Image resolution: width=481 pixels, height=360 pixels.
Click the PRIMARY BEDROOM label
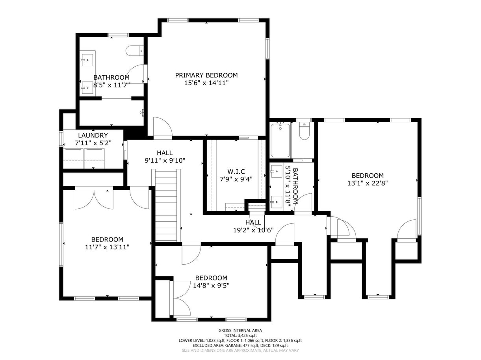[x=206, y=75]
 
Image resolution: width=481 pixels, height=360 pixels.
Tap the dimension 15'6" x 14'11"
[x=206, y=83]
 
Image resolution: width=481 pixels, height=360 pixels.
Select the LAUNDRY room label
[x=93, y=135]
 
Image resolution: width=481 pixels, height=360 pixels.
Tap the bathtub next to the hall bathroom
[x=280, y=140]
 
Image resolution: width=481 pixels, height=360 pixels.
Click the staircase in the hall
[x=166, y=206]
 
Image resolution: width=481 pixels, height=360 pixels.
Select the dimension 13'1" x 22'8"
[x=368, y=183]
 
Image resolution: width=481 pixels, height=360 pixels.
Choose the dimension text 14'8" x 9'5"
[x=211, y=286]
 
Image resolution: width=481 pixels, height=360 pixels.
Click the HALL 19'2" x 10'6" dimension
[x=253, y=230]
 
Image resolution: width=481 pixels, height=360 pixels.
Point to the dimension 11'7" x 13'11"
[x=107, y=247]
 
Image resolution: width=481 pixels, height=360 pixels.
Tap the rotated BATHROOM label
[x=295, y=186]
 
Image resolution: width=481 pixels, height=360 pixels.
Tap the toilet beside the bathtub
[x=304, y=131]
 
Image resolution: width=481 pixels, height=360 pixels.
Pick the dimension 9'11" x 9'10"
[x=165, y=161]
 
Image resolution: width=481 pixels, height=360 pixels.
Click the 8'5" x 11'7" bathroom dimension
[x=111, y=85]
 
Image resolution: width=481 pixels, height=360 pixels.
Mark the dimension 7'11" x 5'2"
[x=93, y=143]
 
